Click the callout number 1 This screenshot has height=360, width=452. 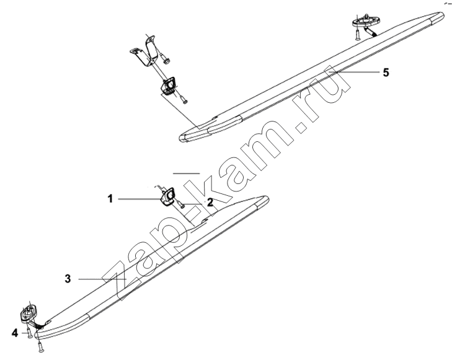click(x=110, y=199)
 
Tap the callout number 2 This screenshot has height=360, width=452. click(x=210, y=203)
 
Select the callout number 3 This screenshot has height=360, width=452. click(x=68, y=279)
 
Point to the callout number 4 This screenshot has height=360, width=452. click(x=15, y=333)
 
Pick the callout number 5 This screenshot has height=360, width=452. click(x=386, y=72)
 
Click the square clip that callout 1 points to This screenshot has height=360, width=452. click(x=167, y=197)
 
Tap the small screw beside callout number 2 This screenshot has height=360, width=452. click(x=181, y=204)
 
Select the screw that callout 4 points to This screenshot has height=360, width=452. click(x=29, y=333)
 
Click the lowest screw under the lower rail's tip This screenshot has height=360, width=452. click(x=41, y=346)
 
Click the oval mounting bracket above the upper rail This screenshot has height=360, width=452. click(x=366, y=20)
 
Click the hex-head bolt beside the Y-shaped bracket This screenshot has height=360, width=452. click(x=166, y=59)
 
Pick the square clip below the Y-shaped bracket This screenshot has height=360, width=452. click(x=169, y=86)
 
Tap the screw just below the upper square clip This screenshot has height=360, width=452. click(x=184, y=99)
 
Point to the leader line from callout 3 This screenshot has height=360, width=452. click(x=102, y=279)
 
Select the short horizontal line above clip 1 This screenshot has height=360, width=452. click(x=186, y=173)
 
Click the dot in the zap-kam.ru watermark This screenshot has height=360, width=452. click(x=302, y=127)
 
